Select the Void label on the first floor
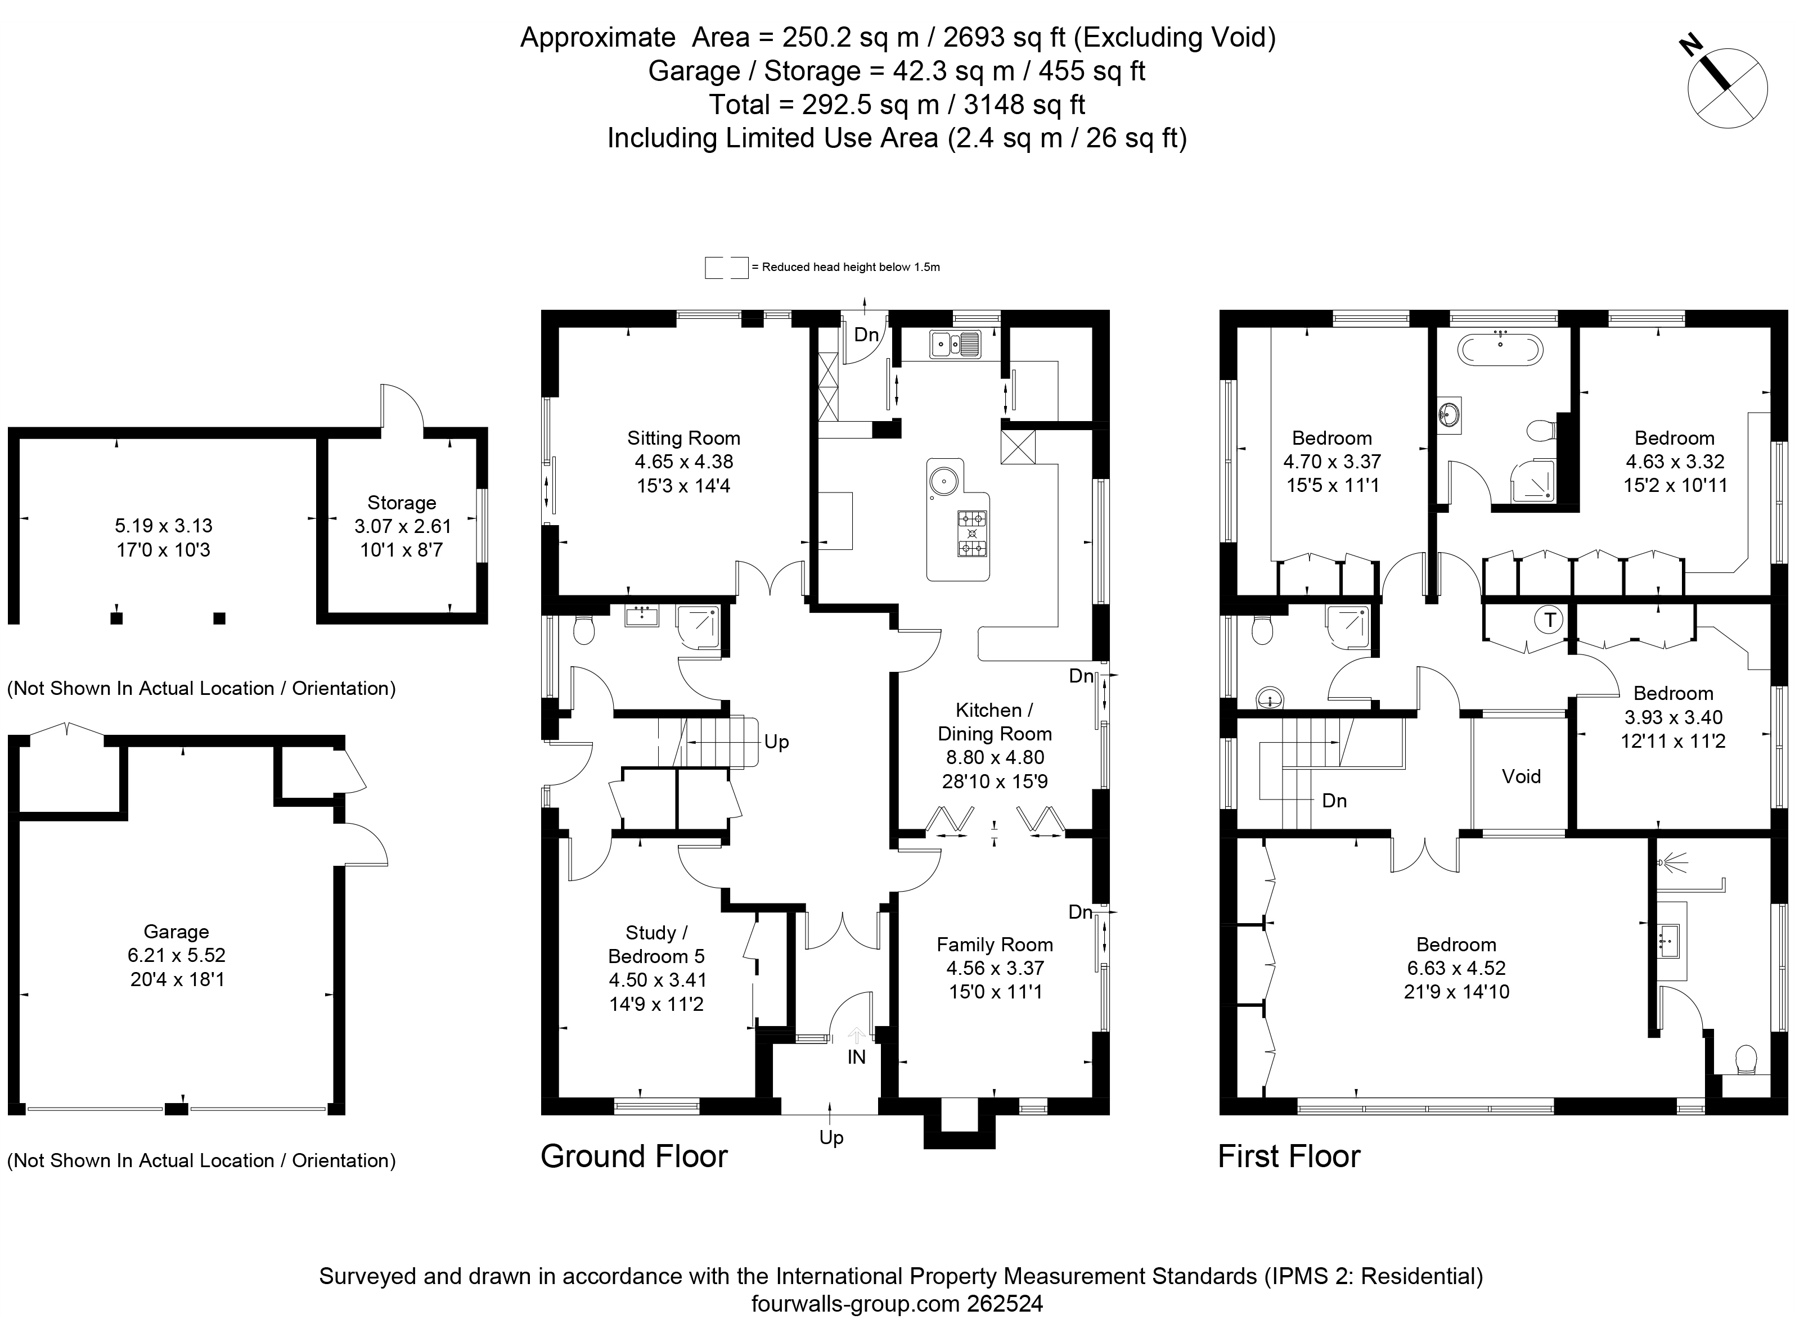click(1521, 776)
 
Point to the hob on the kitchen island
click(973, 534)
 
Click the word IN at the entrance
click(856, 1057)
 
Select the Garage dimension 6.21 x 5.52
click(177, 955)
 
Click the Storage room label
click(402, 503)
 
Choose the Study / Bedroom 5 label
click(656, 944)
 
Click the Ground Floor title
click(634, 1156)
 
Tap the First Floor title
click(1289, 1156)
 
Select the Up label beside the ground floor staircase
click(776, 742)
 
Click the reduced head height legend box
click(726, 268)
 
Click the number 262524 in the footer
click(1006, 1304)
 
